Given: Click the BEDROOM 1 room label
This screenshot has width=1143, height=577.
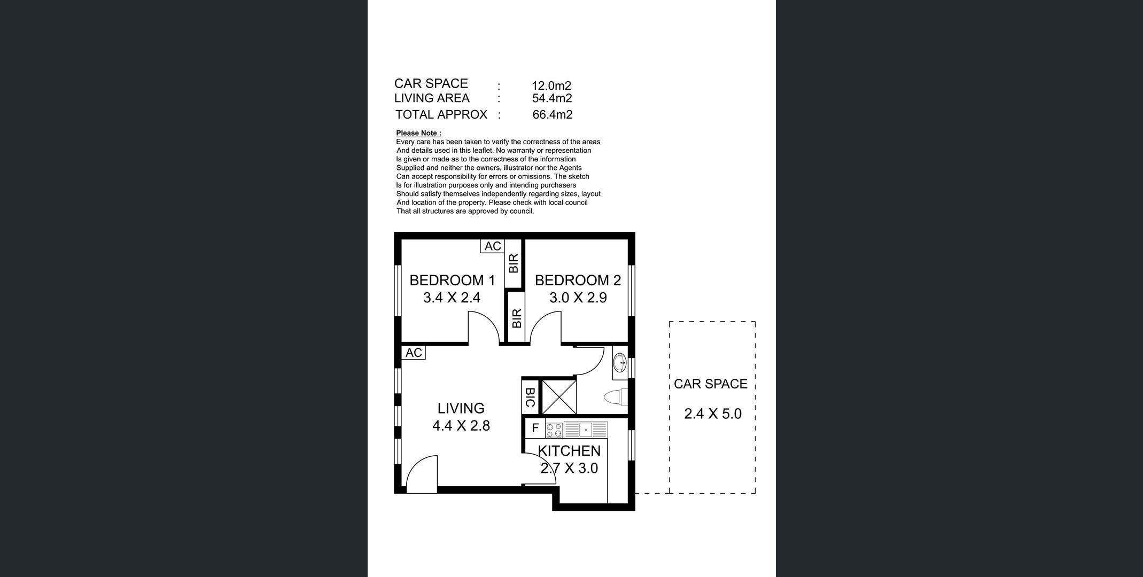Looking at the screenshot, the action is (452, 280).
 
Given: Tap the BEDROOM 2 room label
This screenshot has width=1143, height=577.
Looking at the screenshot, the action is (578, 280).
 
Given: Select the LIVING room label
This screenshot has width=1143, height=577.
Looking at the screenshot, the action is (461, 408).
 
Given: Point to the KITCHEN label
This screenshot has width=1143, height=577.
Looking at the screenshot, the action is (569, 451).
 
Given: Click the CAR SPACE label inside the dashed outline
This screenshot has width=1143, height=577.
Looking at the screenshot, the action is (711, 384).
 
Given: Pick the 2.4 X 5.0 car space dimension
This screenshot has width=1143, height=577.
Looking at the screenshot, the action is (713, 414).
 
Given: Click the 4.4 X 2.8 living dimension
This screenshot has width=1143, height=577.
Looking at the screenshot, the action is (461, 426).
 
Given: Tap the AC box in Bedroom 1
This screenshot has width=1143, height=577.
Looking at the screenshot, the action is (493, 246).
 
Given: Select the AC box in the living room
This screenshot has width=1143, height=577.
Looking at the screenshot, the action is (414, 353).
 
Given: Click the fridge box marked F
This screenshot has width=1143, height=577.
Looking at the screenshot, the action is (535, 428).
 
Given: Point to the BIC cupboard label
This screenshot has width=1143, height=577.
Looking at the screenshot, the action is (530, 397).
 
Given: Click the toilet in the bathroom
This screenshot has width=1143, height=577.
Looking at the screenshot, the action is (615, 397).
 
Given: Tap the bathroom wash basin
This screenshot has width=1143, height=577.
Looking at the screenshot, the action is (620, 363).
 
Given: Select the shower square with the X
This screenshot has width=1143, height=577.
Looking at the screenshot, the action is (559, 396).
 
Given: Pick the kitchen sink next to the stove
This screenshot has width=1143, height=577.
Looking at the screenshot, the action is (586, 430).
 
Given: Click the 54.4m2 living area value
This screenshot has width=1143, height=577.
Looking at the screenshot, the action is (552, 98).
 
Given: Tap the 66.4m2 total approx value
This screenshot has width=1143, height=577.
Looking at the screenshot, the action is (553, 114).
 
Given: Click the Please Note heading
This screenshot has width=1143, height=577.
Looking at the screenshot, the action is (418, 133).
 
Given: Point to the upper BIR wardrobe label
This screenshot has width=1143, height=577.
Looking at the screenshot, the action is (514, 263).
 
